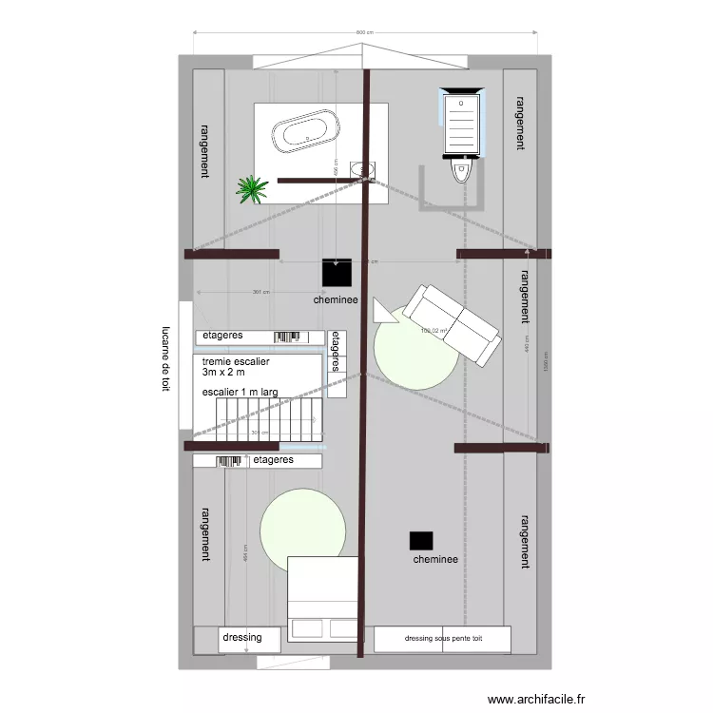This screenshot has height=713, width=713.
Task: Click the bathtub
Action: (304, 132)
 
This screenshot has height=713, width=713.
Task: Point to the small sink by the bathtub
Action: (362, 169)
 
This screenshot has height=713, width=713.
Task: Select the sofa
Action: (451, 323)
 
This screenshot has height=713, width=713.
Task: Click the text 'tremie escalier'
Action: (237, 362)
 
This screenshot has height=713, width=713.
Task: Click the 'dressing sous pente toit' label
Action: (443, 639)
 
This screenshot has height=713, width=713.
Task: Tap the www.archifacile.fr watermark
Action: (537, 700)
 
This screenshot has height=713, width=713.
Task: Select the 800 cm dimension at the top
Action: (364, 33)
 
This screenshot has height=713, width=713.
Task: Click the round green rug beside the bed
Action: (303, 530)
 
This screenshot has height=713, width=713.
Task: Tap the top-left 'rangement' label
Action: (203, 150)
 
